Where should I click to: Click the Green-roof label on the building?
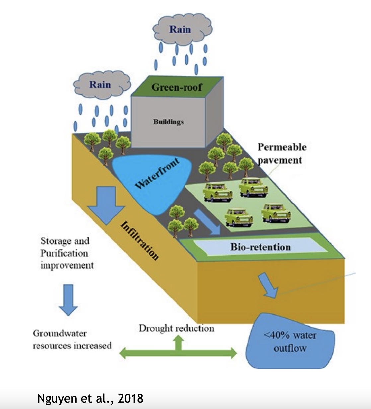(x=177, y=87)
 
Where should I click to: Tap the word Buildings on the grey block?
(x=168, y=122)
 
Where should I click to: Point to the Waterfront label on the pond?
(x=157, y=174)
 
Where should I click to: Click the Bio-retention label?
(x=260, y=247)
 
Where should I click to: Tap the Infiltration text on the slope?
(x=140, y=240)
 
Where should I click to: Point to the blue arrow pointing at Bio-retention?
(x=206, y=222)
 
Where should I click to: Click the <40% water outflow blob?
(x=290, y=342)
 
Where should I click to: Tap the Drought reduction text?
(x=176, y=329)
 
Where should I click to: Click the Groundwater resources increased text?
(x=72, y=339)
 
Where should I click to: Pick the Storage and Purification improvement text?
(x=67, y=253)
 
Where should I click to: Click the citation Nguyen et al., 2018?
(x=90, y=398)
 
